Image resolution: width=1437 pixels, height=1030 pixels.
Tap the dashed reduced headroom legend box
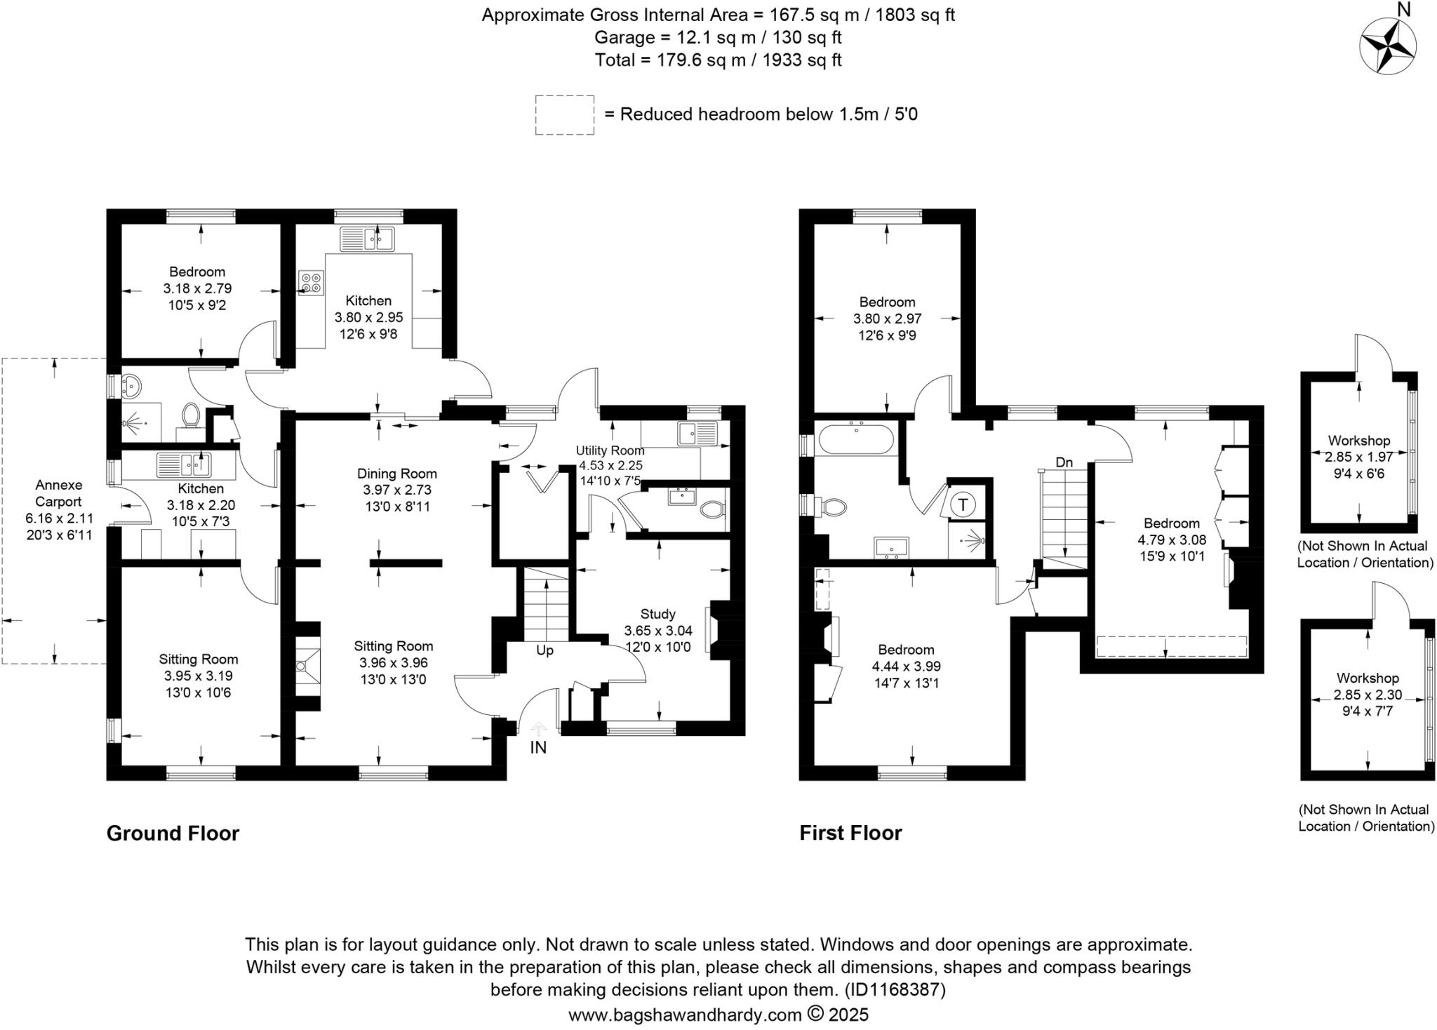click(x=564, y=114)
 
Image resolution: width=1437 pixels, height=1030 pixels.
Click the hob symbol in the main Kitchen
click(x=311, y=282)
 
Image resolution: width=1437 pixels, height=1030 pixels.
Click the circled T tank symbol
click(x=963, y=504)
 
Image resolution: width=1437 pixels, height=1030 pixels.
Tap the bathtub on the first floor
click(x=857, y=439)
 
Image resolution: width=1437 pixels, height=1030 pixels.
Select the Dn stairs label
click(x=1064, y=462)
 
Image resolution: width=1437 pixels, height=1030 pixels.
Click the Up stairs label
click(x=544, y=650)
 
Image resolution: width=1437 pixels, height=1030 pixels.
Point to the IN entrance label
click(x=537, y=748)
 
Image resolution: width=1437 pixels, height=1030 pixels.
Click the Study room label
click(x=657, y=614)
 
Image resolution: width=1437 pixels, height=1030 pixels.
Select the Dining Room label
click(x=396, y=474)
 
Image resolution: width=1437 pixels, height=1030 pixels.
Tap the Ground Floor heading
click(x=173, y=833)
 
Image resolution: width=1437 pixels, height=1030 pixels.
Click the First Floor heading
click(x=850, y=833)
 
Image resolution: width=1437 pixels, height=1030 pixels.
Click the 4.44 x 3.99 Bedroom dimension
click(x=906, y=667)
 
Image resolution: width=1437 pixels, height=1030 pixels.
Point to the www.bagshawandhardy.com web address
click(x=685, y=1015)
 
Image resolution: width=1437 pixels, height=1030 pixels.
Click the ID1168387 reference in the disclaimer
click(x=895, y=990)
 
